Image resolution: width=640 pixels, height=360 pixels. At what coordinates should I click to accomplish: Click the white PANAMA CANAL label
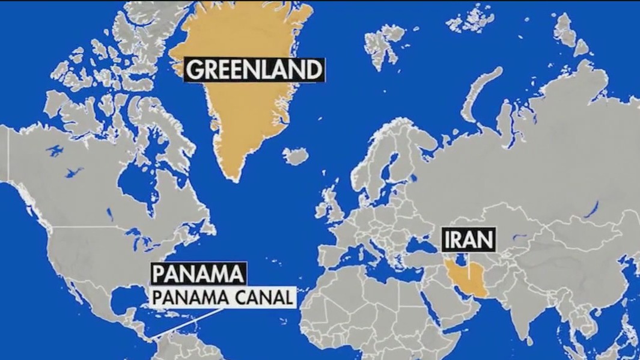224,297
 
